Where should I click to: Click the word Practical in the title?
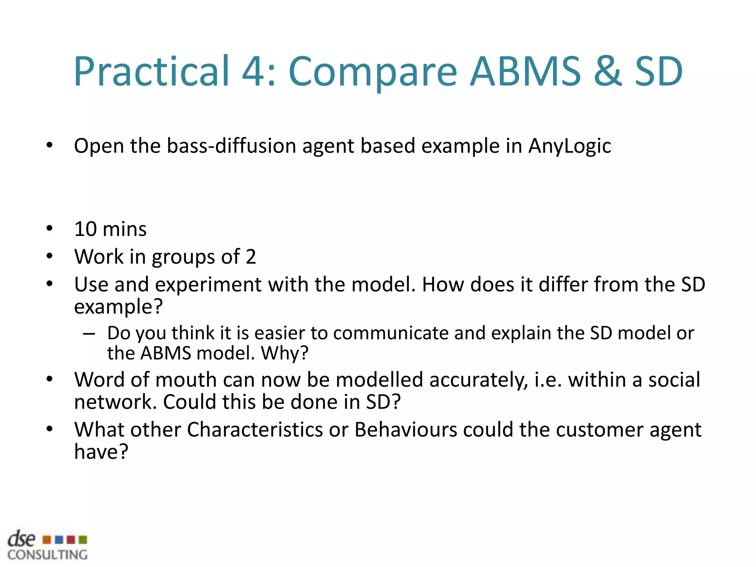click(x=151, y=71)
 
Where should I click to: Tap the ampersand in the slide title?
click(x=607, y=71)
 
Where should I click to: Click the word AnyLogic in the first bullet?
click(x=569, y=146)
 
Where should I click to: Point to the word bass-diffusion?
click(x=231, y=145)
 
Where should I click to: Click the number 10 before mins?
click(x=85, y=229)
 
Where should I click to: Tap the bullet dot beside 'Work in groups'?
click(x=49, y=256)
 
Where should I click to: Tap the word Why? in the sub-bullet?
click(x=284, y=353)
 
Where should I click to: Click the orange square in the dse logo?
click(x=47, y=540)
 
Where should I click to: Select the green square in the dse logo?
click(x=83, y=540)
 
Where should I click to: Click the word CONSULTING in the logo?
click(x=47, y=555)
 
